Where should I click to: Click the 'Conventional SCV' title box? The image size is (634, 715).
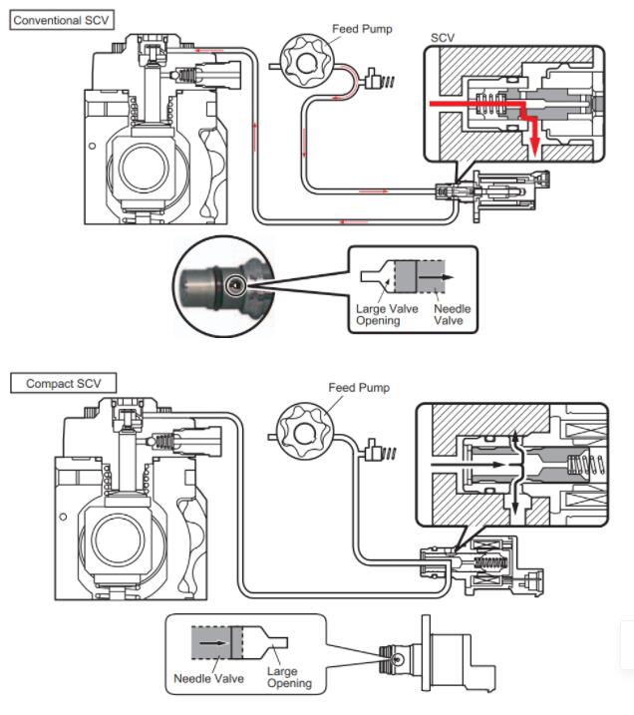pyautogui.click(x=62, y=19)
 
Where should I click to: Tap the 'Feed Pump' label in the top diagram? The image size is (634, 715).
pyautogui.click(x=361, y=29)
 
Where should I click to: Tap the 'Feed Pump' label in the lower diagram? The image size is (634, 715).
pyautogui.click(x=359, y=387)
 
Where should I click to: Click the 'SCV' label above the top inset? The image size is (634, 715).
pyautogui.click(x=443, y=38)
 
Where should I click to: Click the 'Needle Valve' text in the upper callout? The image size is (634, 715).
pyautogui.click(x=452, y=315)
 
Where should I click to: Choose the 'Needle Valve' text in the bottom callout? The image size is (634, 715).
pyautogui.click(x=208, y=678)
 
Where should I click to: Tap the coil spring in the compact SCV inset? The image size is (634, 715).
pyautogui.click(x=577, y=463)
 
